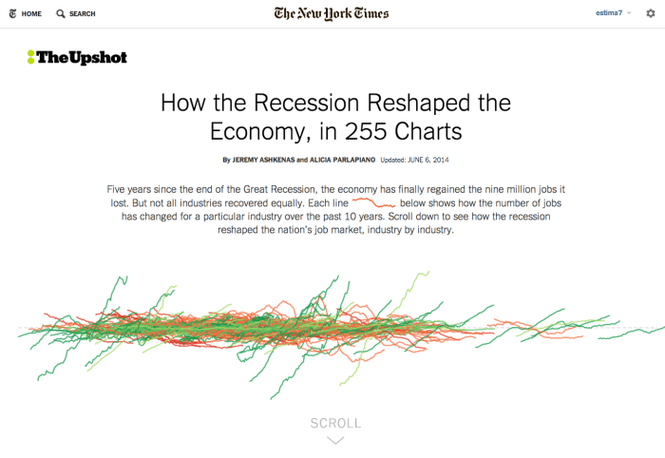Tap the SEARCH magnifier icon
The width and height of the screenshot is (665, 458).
tap(61, 14)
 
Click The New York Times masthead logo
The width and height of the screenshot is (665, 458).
tap(332, 13)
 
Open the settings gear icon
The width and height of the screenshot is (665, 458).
tap(651, 13)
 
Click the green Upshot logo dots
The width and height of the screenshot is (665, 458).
tap(30, 57)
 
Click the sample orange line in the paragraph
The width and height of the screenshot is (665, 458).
tap(373, 202)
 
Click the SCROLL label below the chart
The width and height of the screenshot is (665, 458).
tap(335, 423)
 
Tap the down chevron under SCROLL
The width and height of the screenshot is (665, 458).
tap(335, 440)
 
